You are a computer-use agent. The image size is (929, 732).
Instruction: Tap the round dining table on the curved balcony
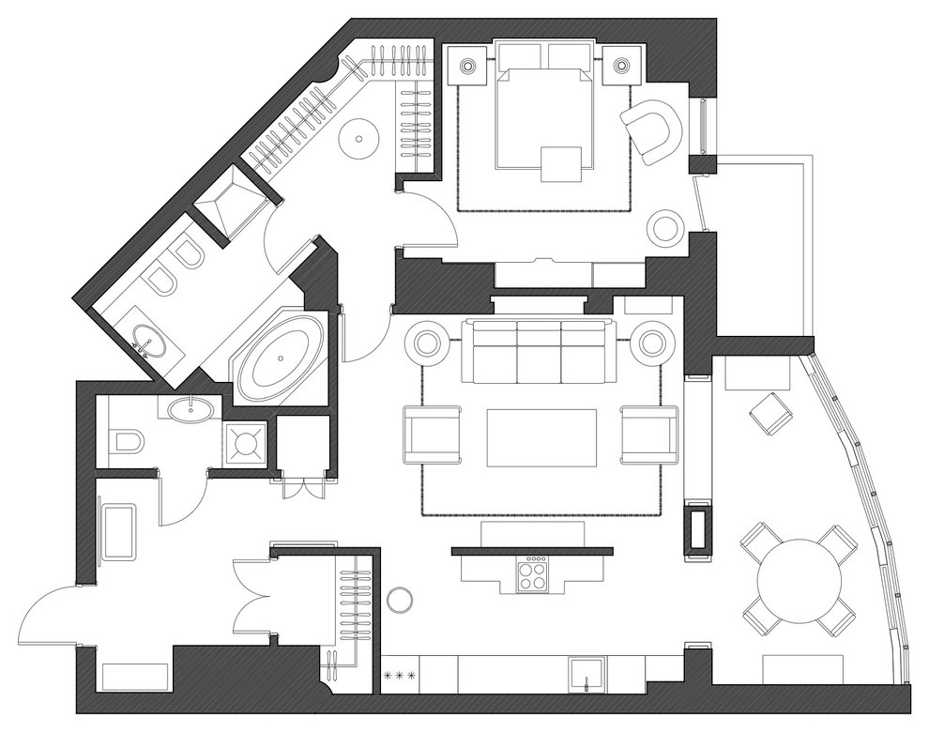799,577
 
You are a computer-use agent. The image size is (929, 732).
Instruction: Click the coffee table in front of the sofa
541,437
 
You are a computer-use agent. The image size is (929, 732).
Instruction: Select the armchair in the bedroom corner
649,130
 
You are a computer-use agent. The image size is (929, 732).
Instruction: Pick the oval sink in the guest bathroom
191,407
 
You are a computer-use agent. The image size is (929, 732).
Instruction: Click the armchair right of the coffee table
647,435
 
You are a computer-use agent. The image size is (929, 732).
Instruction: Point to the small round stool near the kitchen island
401,598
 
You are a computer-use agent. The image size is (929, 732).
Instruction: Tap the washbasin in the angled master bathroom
148,338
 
